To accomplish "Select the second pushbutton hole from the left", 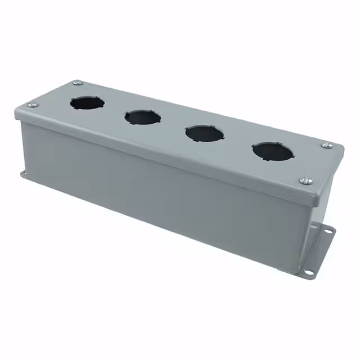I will [143, 117].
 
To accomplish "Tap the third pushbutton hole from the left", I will [203, 133].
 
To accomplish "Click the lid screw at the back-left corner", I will [77, 83].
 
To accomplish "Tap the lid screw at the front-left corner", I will [31, 104].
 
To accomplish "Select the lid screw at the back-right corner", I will [327, 145].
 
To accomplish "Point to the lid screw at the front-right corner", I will [306, 180].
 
